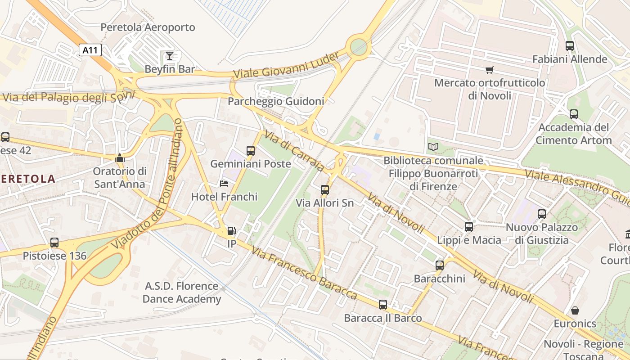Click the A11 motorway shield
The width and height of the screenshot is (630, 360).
tap(90, 49)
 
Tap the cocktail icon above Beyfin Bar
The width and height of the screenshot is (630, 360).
tap(169, 56)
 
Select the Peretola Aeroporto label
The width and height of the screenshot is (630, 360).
tap(148, 27)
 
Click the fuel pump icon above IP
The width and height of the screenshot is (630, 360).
tap(231, 231)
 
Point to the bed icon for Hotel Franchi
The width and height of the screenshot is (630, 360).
tap(224, 184)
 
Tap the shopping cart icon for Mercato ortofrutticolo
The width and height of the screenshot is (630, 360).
tap(489, 70)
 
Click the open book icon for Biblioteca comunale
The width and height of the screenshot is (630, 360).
tap(433, 147)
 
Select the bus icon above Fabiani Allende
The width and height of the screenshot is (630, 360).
tap(570, 45)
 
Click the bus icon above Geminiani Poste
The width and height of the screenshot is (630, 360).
tap(251, 151)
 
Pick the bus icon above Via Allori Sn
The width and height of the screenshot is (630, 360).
tap(325, 190)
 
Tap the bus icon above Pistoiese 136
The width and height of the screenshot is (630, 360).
tap(54, 243)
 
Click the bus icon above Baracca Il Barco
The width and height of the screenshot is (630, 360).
tap(383, 305)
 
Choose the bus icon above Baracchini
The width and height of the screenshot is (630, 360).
tap(440, 265)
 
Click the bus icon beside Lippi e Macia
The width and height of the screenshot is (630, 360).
tap(469, 227)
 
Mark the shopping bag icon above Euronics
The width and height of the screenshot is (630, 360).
tap(575, 310)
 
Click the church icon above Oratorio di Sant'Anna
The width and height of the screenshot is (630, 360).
tap(119, 158)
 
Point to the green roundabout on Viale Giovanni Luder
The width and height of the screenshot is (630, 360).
tap(359, 46)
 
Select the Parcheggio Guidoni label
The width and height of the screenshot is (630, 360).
tap(276, 101)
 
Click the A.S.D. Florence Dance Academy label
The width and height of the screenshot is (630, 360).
tap(182, 292)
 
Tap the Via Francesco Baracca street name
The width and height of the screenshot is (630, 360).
tap(305, 273)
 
